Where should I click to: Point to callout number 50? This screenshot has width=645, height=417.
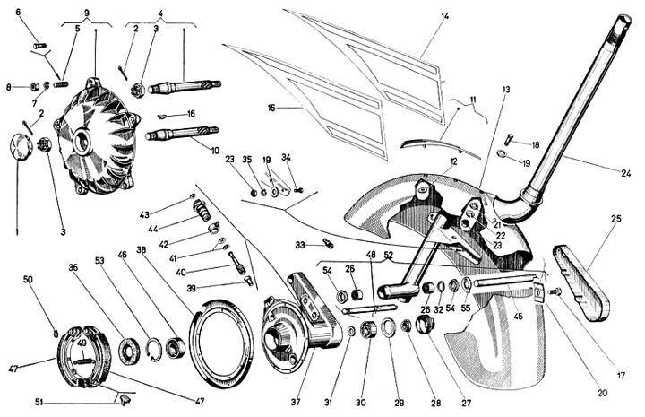29,280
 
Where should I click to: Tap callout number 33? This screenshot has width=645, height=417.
302,243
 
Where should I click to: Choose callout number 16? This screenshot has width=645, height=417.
191,114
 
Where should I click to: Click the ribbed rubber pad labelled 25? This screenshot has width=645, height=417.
582,281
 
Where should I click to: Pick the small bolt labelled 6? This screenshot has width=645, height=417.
39,44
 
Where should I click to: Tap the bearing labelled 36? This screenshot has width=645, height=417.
128,350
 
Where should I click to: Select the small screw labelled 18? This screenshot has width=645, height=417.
508,139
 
